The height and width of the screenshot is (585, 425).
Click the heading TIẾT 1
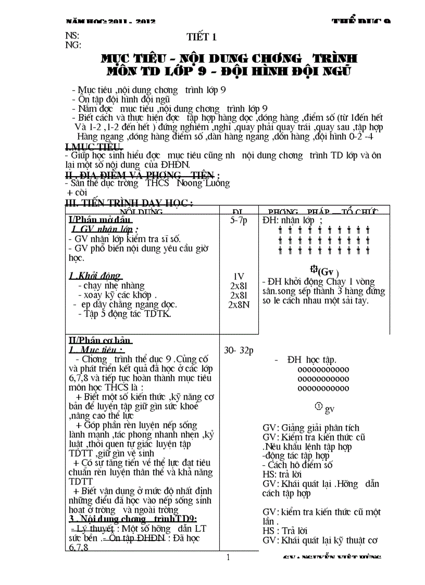coord(201,37)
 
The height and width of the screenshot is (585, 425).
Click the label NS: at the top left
coord(72,36)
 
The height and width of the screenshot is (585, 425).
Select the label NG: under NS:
coord(73,45)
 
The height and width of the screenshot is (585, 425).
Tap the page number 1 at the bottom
coord(228,557)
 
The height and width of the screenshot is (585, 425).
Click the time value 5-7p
coord(239,220)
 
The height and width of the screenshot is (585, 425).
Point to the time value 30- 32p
coord(239,351)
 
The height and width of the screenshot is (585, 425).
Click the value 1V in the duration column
coord(239,276)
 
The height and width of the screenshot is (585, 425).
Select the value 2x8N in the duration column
coord(239,304)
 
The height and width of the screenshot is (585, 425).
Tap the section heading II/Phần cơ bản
coord(99,340)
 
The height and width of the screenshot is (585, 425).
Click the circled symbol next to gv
coord(319,407)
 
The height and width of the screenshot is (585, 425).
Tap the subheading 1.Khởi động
coord(95,276)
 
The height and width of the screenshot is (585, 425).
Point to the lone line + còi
coord(77,192)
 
